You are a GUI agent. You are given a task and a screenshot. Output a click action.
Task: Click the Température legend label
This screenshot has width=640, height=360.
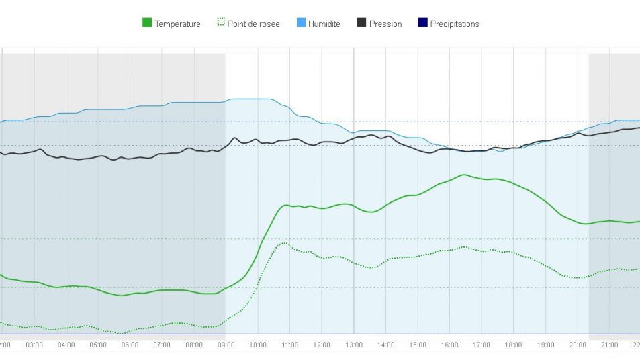[177, 24]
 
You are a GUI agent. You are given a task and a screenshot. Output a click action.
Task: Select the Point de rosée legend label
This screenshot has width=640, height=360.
[253, 24]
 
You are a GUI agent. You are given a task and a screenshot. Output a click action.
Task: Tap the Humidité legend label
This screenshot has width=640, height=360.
[324, 24]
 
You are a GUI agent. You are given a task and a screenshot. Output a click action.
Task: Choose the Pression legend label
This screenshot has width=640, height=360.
[385, 24]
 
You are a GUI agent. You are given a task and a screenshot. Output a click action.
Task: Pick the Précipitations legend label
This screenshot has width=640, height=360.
[455, 24]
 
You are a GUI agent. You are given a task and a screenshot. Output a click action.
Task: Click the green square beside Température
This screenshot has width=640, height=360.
[147, 23]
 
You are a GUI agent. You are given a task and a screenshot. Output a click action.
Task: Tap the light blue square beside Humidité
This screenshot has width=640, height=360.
[301, 23]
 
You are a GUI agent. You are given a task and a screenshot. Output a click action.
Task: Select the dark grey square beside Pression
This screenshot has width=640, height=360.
[362, 23]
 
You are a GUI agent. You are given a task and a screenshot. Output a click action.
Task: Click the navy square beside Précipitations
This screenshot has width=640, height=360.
[422, 23]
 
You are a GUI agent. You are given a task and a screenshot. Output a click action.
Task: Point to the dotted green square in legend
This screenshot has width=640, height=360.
[220, 23]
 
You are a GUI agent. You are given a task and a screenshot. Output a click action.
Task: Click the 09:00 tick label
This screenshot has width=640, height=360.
[226, 345]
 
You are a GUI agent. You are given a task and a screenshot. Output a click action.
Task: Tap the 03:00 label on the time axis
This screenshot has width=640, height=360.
[34, 345]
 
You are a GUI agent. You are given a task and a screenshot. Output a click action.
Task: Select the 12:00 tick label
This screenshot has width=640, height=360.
[322, 345]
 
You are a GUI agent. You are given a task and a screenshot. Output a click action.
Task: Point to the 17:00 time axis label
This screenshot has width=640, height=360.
[482, 345]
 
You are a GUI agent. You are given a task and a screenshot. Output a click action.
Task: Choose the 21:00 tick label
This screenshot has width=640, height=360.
[609, 345]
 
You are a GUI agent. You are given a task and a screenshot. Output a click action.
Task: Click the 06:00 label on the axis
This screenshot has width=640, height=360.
[130, 345]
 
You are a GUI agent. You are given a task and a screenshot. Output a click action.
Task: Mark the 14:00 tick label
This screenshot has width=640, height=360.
[385, 345]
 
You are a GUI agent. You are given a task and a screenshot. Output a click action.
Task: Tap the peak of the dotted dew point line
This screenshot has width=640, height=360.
[285, 243]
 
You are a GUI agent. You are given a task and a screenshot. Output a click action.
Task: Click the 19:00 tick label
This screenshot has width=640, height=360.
[545, 345]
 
